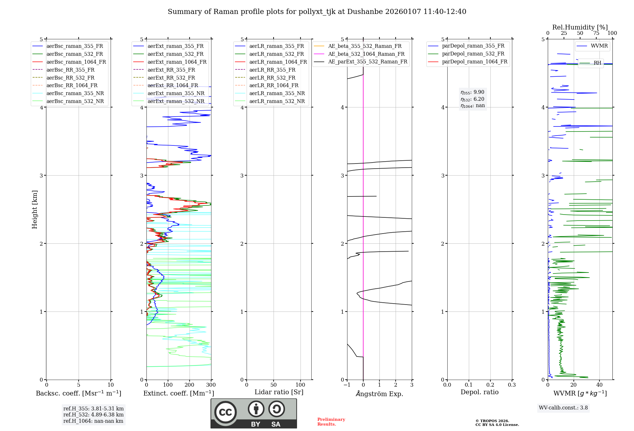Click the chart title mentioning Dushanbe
[317, 12]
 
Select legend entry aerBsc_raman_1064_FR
[76, 62]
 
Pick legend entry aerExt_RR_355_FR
[171, 70]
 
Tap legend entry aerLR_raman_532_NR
[277, 101]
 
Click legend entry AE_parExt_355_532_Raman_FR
[367, 62]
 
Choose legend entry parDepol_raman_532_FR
[473, 54]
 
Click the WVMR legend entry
[599, 46]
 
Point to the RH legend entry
[597, 63]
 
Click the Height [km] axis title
[35, 209]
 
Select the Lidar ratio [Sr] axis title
[279, 392]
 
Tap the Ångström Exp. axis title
[379, 394]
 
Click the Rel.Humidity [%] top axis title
[580, 27]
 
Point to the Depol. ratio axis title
[479, 392]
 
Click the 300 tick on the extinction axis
[211, 385]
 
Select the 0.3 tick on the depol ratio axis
[512, 385]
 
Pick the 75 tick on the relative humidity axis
[596, 33]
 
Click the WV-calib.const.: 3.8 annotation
[563, 408]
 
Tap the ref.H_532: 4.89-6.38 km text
[93, 415]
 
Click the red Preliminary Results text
[331, 422]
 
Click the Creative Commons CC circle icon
[225, 412]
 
